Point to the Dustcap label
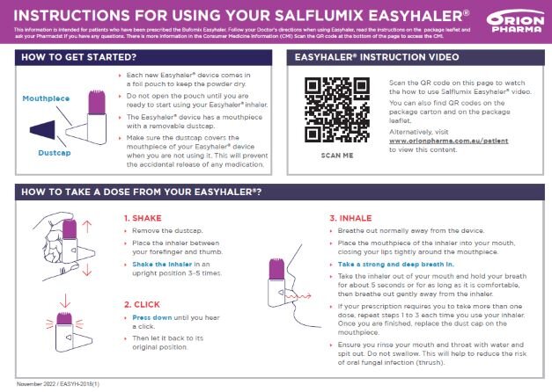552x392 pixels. pos(53,152)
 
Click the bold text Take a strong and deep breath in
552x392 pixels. pos(394,264)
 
